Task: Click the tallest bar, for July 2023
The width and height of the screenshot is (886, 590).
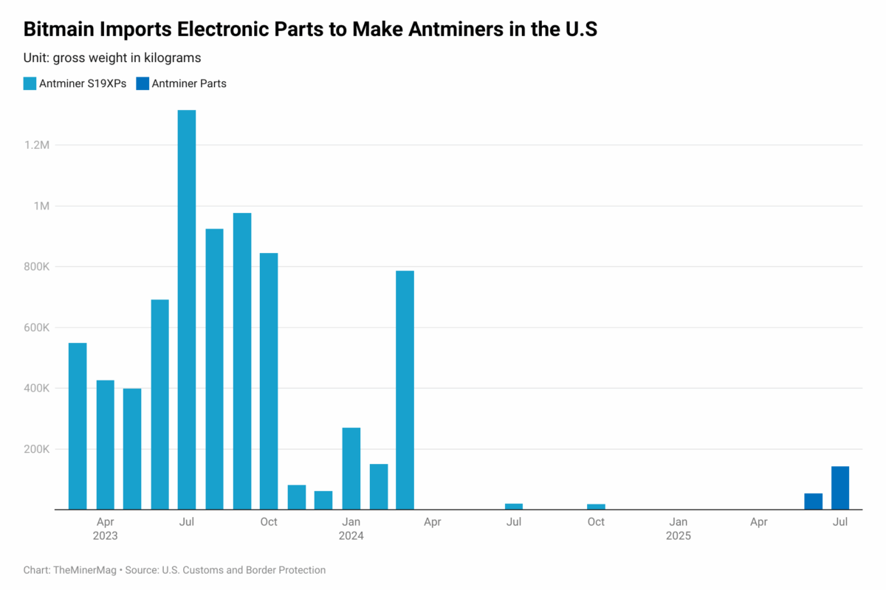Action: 187,310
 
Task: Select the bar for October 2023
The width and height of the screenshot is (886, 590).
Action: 269,381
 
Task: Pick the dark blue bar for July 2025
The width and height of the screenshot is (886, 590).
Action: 840,487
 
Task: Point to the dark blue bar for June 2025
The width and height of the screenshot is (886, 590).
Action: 813,501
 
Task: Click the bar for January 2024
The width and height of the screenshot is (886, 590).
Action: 351,468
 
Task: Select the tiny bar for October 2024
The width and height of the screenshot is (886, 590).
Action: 596,507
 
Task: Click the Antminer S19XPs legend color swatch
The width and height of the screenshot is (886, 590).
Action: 30,83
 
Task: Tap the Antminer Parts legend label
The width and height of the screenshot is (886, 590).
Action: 189,83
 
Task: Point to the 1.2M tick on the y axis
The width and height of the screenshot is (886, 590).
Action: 37,145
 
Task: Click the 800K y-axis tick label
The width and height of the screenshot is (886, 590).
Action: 37,267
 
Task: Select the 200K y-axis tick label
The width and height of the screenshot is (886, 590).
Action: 37,449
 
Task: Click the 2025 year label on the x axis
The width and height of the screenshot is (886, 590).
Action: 678,536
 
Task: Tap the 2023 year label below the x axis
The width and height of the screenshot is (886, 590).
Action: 105,536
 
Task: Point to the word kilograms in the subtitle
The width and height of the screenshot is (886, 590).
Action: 173,58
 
